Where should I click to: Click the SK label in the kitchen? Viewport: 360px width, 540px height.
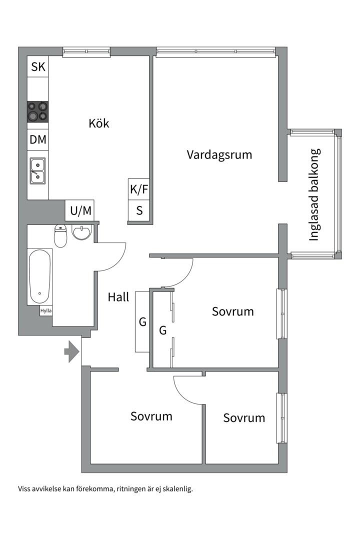pyautogui.click(x=38, y=67)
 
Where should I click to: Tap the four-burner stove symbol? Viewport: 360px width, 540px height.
pyautogui.click(x=38, y=111)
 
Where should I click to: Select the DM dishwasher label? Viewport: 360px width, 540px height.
pyautogui.click(x=38, y=140)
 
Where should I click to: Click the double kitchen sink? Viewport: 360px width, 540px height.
pyautogui.click(x=37, y=170)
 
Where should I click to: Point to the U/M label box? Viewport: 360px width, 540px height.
pyautogui.click(x=80, y=211)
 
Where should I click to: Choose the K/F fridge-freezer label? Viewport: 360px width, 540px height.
pyautogui.click(x=139, y=189)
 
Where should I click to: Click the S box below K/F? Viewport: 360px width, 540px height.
pyautogui.click(x=139, y=211)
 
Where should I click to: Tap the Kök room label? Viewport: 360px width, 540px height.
pyautogui.click(x=98, y=123)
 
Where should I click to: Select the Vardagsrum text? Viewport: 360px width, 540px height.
pyautogui.click(x=219, y=154)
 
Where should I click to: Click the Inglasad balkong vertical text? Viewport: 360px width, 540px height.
pyautogui.click(x=314, y=195)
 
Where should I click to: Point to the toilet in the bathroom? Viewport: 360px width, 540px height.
pyautogui.click(x=60, y=236)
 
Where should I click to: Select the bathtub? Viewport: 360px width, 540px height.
pyautogui.click(x=39, y=276)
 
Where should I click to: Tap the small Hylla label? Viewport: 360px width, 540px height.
pyautogui.click(x=46, y=310)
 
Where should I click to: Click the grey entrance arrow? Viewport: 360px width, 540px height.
pyautogui.click(x=71, y=351)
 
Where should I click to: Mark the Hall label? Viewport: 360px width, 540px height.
pyautogui.click(x=118, y=297)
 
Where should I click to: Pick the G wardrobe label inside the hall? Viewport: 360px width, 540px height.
pyautogui.click(x=142, y=322)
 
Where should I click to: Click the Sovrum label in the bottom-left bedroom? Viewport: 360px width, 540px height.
pyautogui.click(x=151, y=416)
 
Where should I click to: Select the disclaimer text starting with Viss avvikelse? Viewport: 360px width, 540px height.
pyautogui.click(x=105, y=488)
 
